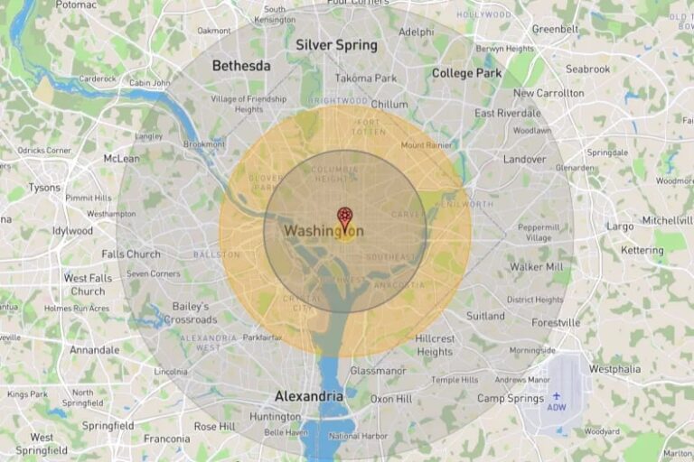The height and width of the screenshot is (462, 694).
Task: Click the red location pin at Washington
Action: click(x=344, y=217)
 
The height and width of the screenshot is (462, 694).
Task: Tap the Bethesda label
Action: click(x=241, y=66)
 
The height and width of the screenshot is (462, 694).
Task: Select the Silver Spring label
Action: click(x=336, y=45)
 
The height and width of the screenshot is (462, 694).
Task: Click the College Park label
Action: click(x=465, y=73)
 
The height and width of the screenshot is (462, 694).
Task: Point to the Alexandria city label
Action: click(x=308, y=396)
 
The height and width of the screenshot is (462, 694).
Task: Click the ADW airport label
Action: click(x=557, y=407)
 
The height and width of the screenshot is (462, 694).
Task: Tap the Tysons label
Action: click(x=43, y=188)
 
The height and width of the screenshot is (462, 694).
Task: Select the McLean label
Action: click(x=121, y=159)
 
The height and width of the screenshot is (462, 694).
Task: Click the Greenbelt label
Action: click(x=554, y=29)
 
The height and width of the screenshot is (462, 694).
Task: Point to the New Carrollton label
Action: click(x=549, y=93)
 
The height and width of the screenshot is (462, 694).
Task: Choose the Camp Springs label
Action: click(x=510, y=398)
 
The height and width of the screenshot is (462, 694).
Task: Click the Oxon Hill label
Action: click(x=390, y=399)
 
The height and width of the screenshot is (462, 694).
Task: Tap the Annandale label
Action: click(x=94, y=350)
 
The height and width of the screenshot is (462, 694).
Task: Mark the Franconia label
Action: click(x=166, y=439)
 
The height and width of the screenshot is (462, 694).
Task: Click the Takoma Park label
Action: click(x=366, y=79)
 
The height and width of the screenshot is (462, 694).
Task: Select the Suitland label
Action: click(x=485, y=317)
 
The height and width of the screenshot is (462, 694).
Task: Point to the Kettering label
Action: click(x=642, y=250)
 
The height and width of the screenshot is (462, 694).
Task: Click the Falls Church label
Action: click(x=131, y=254)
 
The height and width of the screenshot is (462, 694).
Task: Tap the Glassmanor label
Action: click(x=379, y=371)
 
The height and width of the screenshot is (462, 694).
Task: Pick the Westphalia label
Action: click(x=614, y=369)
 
